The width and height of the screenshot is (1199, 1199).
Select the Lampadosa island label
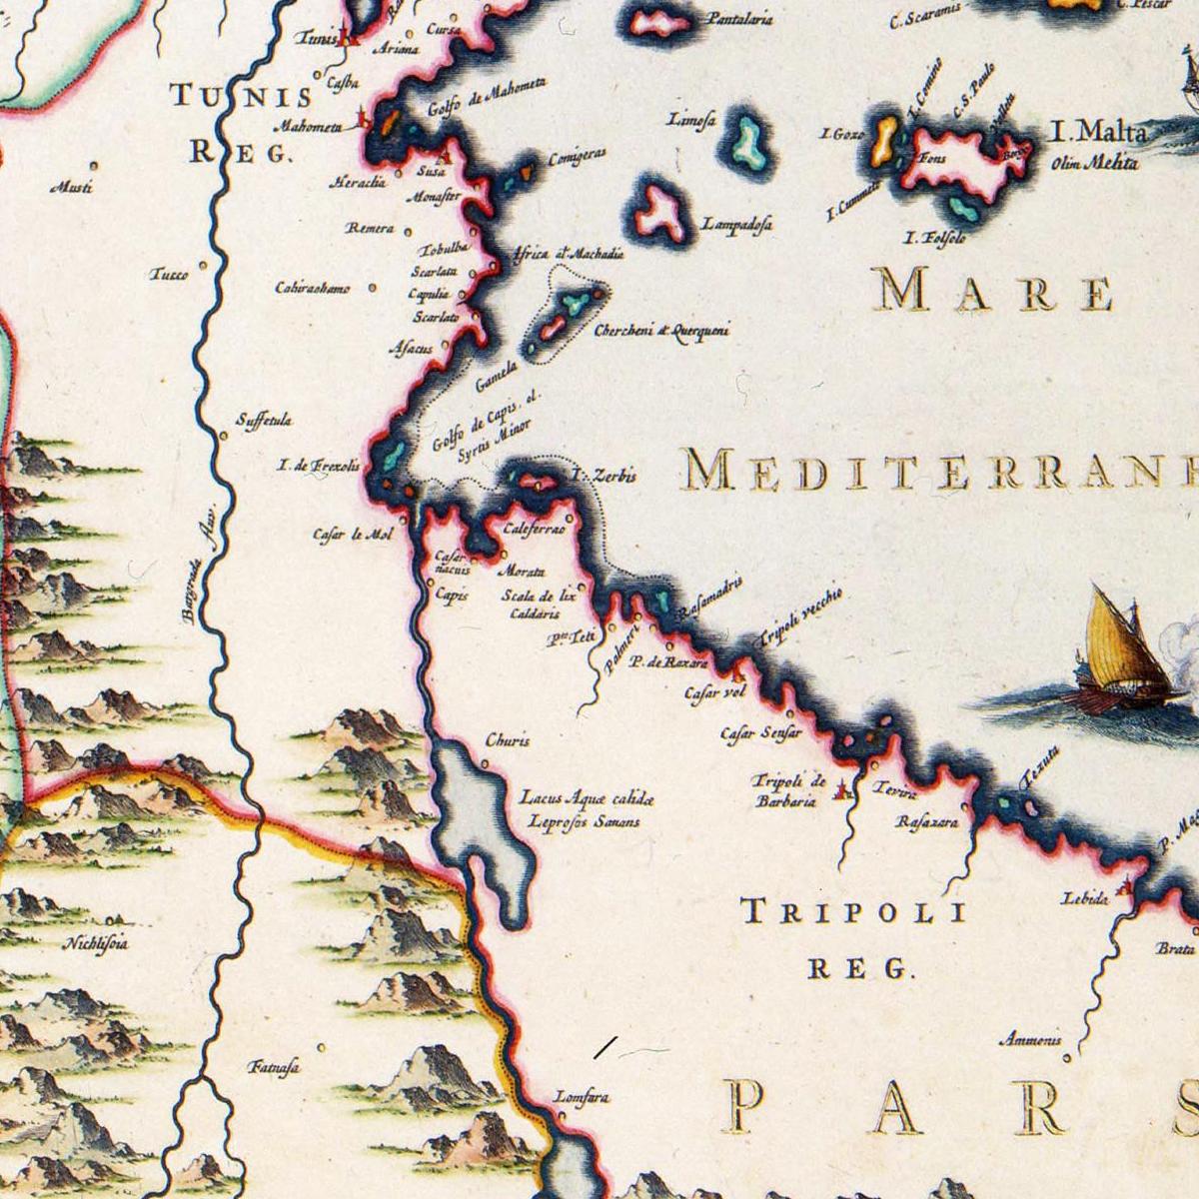[736, 225]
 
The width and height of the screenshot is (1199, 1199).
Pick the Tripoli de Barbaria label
[788, 790]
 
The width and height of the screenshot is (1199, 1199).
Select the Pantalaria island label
[740, 19]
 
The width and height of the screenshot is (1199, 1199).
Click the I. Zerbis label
[603, 477]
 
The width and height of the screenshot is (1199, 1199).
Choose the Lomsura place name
[581, 1096]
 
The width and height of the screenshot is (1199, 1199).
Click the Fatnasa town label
[273, 1067]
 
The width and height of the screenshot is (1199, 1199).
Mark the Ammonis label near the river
[1030, 1041]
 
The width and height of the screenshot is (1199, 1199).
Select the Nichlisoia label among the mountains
[96, 942]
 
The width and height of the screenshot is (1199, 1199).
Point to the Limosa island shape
[746, 140]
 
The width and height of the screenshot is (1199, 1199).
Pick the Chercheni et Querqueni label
[661, 331]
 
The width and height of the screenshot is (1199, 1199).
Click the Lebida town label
[1085, 898]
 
